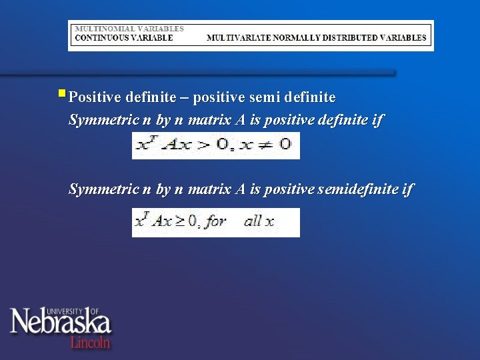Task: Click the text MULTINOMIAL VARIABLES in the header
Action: (x=129, y=29)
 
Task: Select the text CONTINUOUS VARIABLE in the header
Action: (x=124, y=38)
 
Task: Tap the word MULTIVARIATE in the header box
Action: (x=234, y=38)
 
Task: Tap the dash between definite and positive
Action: (x=184, y=98)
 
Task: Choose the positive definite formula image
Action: (x=216, y=145)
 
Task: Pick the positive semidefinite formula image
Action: (x=216, y=222)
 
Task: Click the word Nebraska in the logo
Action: (x=60, y=323)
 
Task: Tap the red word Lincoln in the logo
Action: (x=90, y=342)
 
